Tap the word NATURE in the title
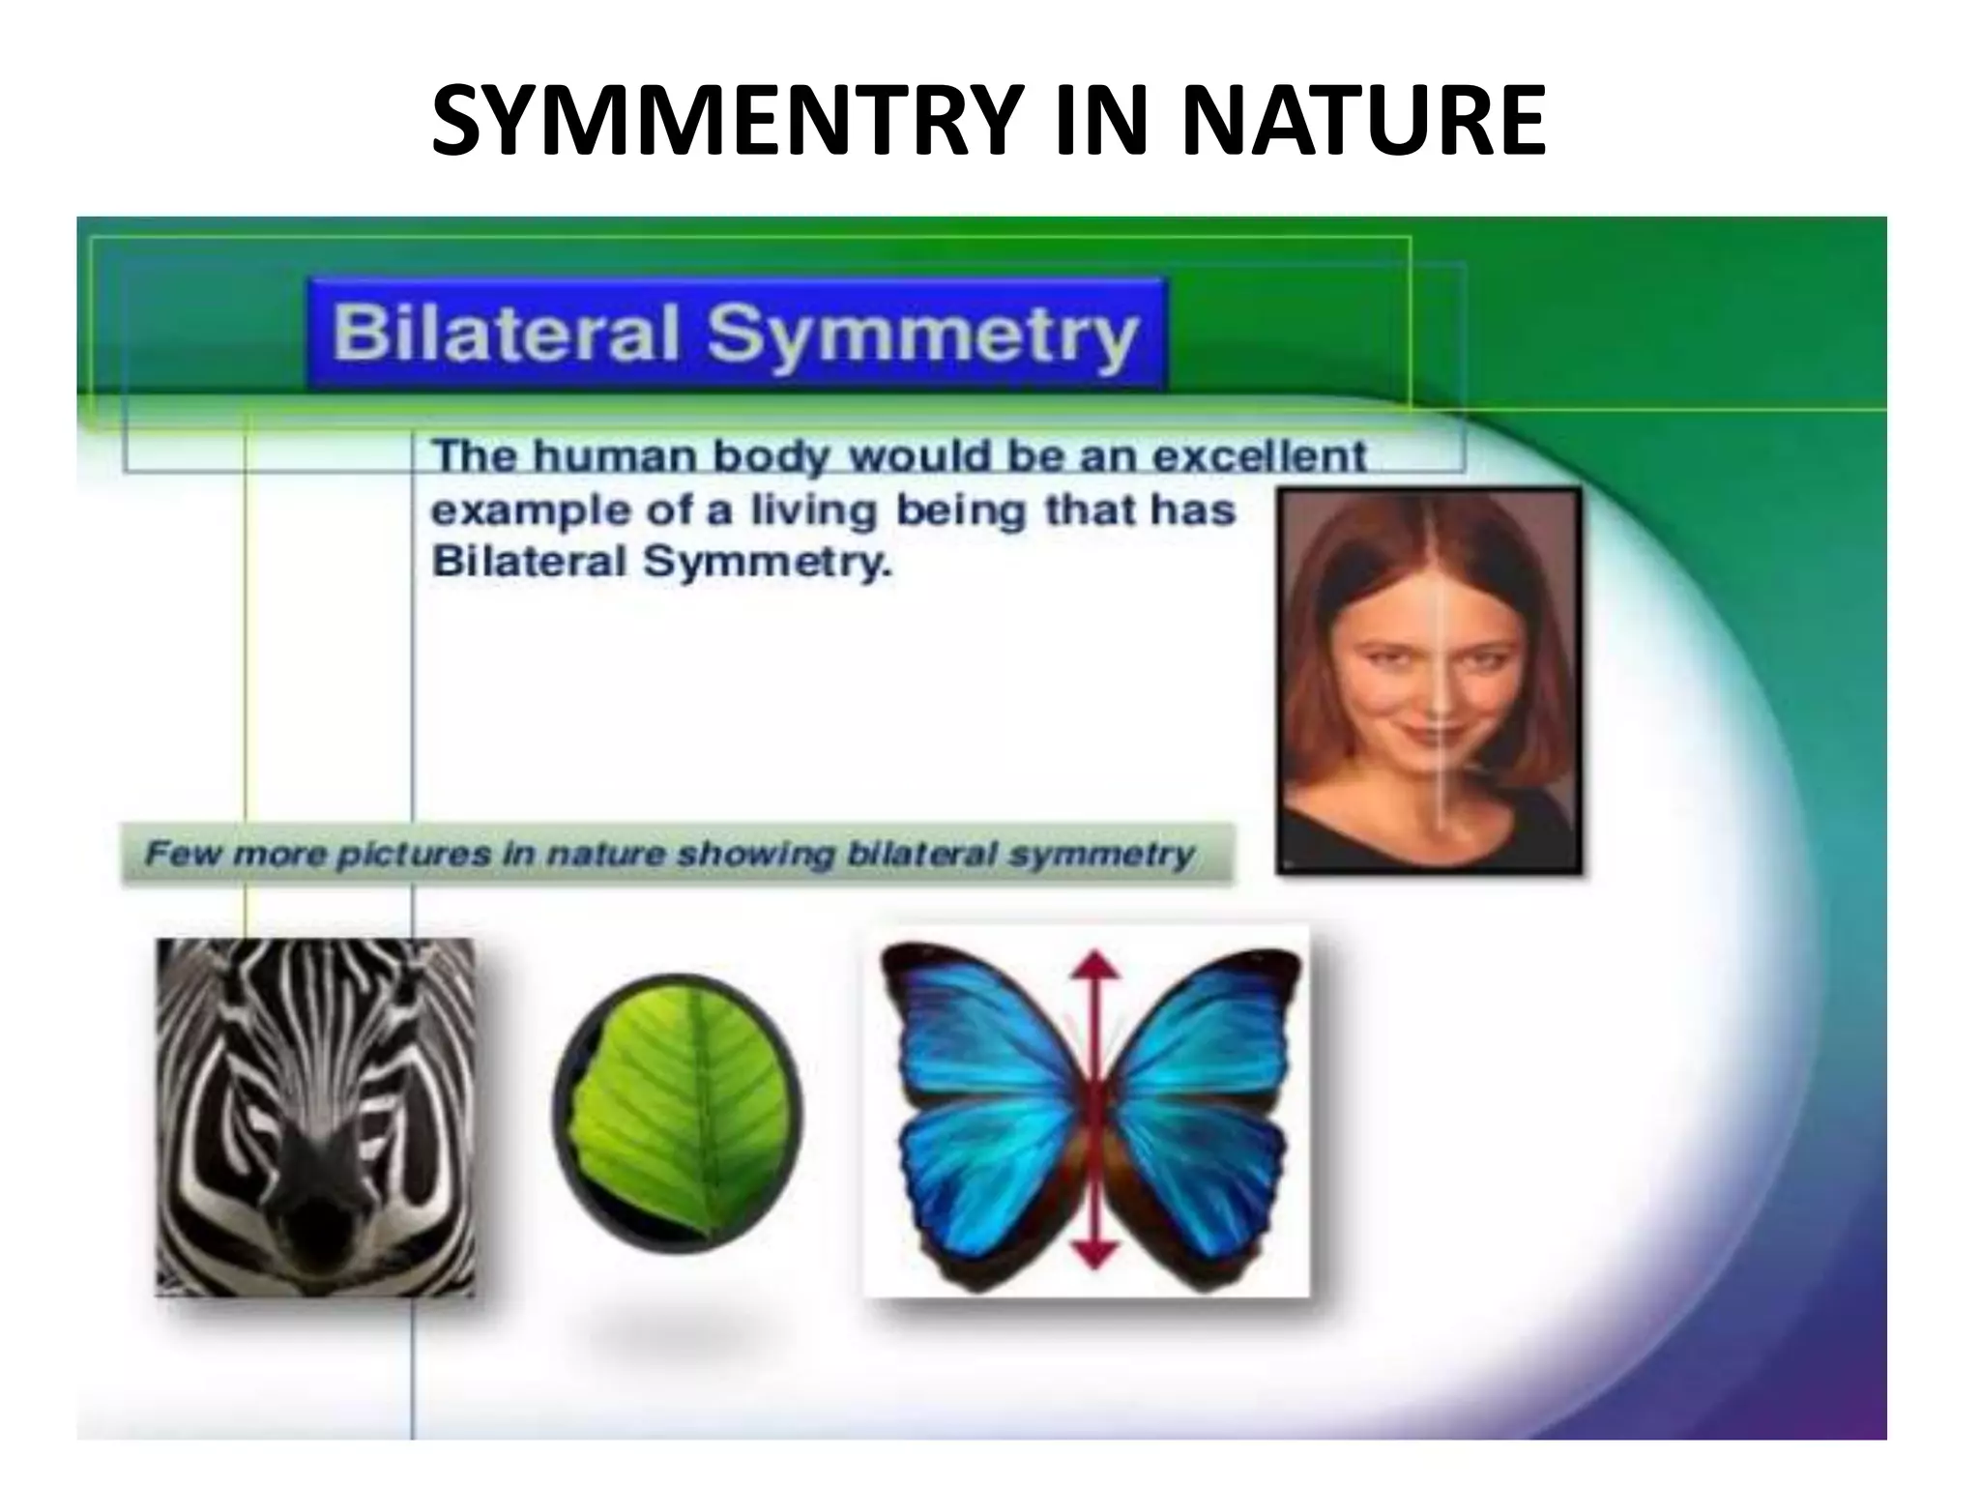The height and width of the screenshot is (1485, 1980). [1362, 121]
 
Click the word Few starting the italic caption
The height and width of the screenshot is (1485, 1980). [182, 855]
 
